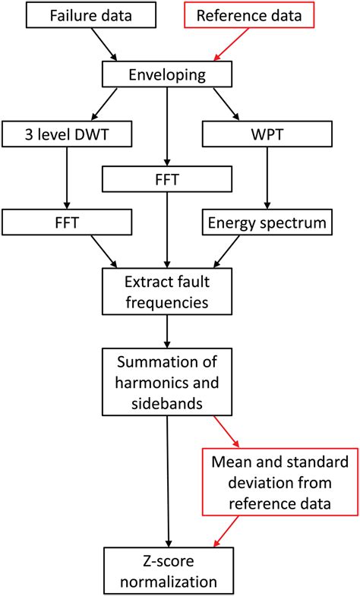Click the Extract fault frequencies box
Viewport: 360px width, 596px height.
click(x=166, y=292)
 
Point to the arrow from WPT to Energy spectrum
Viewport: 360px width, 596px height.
click(x=265, y=178)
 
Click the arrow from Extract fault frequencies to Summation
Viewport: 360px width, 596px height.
click(x=166, y=331)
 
